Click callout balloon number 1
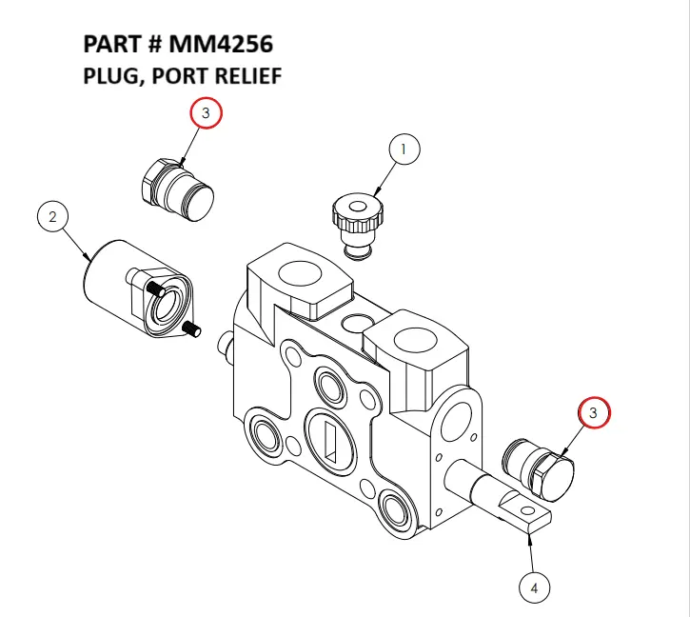point(404,149)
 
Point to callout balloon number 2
point(53,216)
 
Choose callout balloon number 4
point(534,587)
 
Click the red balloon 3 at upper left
point(206,113)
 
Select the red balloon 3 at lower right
point(594,412)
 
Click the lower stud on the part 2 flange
point(190,329)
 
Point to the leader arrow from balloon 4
point(529,542)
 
